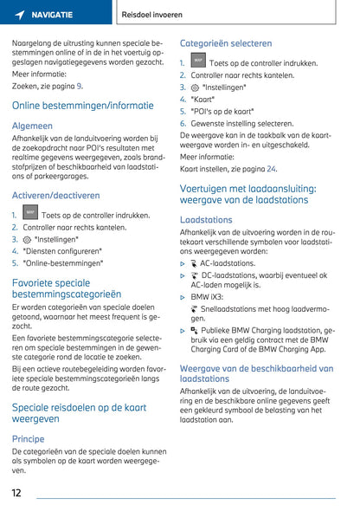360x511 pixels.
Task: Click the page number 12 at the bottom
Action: click(16, 493)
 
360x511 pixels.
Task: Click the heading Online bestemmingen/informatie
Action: click(83, 107)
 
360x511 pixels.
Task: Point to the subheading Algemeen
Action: click(32, 126)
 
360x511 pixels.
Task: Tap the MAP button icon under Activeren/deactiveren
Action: click(30, 213)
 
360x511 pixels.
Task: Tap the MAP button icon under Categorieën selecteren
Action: click(198, 61)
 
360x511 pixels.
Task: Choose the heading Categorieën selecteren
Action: click(226, 43)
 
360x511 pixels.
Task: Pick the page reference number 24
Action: click(271, 170)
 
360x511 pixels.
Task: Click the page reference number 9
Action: click(80, 87)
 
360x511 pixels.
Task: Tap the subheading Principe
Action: click(29, 438)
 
